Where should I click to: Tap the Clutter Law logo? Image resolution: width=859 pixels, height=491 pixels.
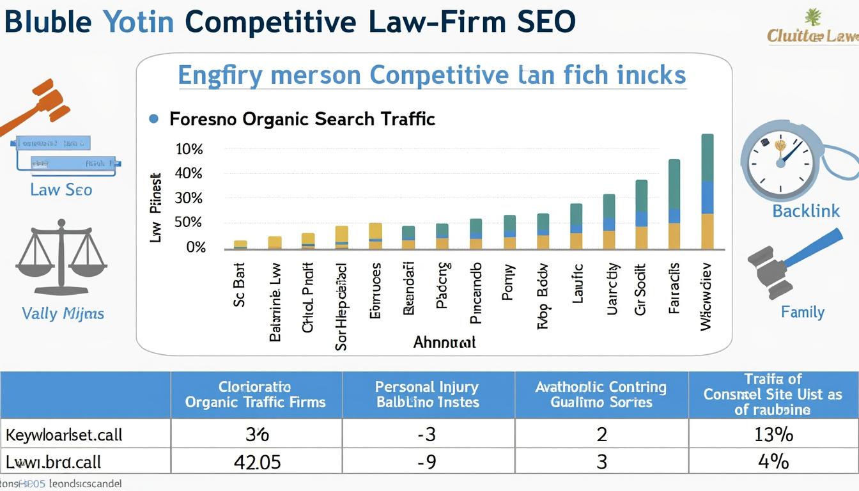[812, 29]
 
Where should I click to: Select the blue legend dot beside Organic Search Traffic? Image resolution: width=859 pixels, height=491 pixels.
[153, 118]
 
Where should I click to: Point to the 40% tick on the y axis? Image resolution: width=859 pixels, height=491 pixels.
[189, 173]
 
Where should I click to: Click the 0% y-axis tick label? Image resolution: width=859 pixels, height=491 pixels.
[196, 247]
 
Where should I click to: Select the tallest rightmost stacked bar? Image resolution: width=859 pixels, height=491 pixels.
[707, 192]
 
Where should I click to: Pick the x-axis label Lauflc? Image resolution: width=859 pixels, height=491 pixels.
[578, 283]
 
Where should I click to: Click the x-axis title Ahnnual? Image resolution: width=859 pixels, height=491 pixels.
[444, 341]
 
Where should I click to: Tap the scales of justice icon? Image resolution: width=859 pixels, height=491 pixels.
[61, 256]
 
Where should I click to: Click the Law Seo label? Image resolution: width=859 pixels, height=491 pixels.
[61, 190]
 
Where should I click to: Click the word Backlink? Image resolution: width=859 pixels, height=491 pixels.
[806, 211]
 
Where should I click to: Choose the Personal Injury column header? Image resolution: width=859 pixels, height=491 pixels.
[427, 394]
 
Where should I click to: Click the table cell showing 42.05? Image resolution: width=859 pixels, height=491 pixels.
[257, 462]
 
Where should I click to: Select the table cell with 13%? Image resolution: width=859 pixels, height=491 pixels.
[773, 435]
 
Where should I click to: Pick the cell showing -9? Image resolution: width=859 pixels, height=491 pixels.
[426, 462]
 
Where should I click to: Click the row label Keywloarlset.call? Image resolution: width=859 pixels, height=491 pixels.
[64, 435]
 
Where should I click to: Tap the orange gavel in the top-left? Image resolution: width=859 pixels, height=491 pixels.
[38, 105]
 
